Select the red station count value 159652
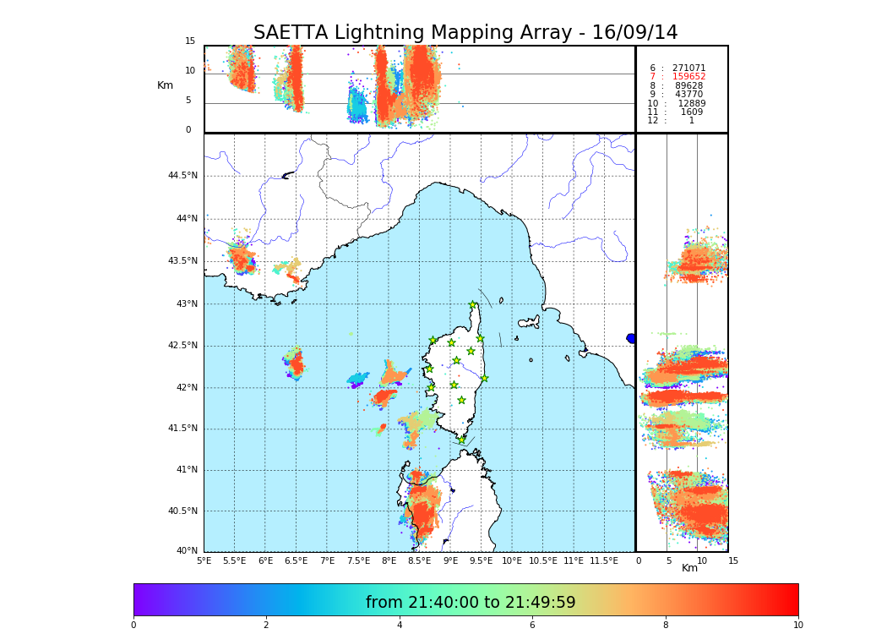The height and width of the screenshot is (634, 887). (x=688, y=77)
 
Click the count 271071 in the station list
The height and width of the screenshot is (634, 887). (x=688, y=68)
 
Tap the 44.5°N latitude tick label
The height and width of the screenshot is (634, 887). (x=182, y=176)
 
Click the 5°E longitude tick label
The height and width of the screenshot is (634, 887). (x=204, y=560)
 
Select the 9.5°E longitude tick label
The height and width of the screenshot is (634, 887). (x=482, y=560)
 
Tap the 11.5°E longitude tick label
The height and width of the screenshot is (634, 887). (x=604, y=560)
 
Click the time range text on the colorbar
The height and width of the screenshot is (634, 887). (x=471, y=603)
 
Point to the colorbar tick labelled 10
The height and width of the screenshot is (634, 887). (x=797, y=625)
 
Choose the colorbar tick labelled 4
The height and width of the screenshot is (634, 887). (x=399, y=625)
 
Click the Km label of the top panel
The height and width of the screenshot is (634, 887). (x=165, y=85)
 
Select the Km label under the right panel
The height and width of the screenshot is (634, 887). (x=689, y=568)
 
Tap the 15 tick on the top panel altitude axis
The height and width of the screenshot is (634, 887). (x=190, y=41)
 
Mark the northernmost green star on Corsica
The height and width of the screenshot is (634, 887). (x=473, y=305)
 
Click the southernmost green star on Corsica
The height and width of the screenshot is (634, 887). (x=461, y=440)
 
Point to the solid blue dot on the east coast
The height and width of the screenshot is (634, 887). (x=631, y=338)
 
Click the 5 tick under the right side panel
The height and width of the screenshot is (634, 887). (x=668, y=560)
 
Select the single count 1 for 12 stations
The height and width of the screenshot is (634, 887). (x=691, y=121)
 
